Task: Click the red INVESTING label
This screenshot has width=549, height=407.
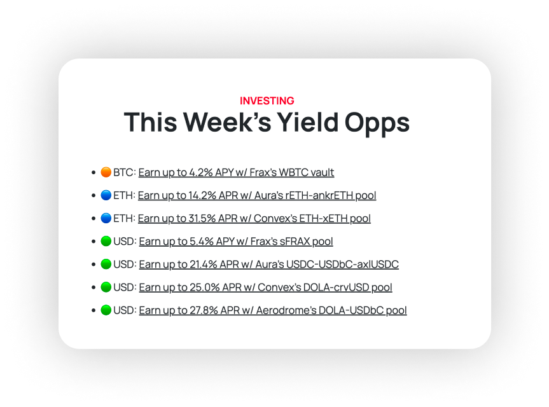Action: click(267, 100)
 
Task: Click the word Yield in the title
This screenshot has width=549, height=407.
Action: click(308, 122)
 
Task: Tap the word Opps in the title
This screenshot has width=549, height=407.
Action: click(377, 124)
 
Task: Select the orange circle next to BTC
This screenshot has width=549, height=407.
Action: click(106, 172)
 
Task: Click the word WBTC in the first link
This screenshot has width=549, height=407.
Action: click(291, 172)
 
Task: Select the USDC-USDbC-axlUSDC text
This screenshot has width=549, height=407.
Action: click(342, 264)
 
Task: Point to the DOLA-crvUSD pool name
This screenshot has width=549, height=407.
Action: click(336, 287)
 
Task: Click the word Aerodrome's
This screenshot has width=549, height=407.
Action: click(286, 310)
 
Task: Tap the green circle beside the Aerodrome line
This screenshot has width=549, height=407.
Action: click(106, 310)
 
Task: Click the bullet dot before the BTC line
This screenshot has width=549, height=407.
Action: click(93, 172)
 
